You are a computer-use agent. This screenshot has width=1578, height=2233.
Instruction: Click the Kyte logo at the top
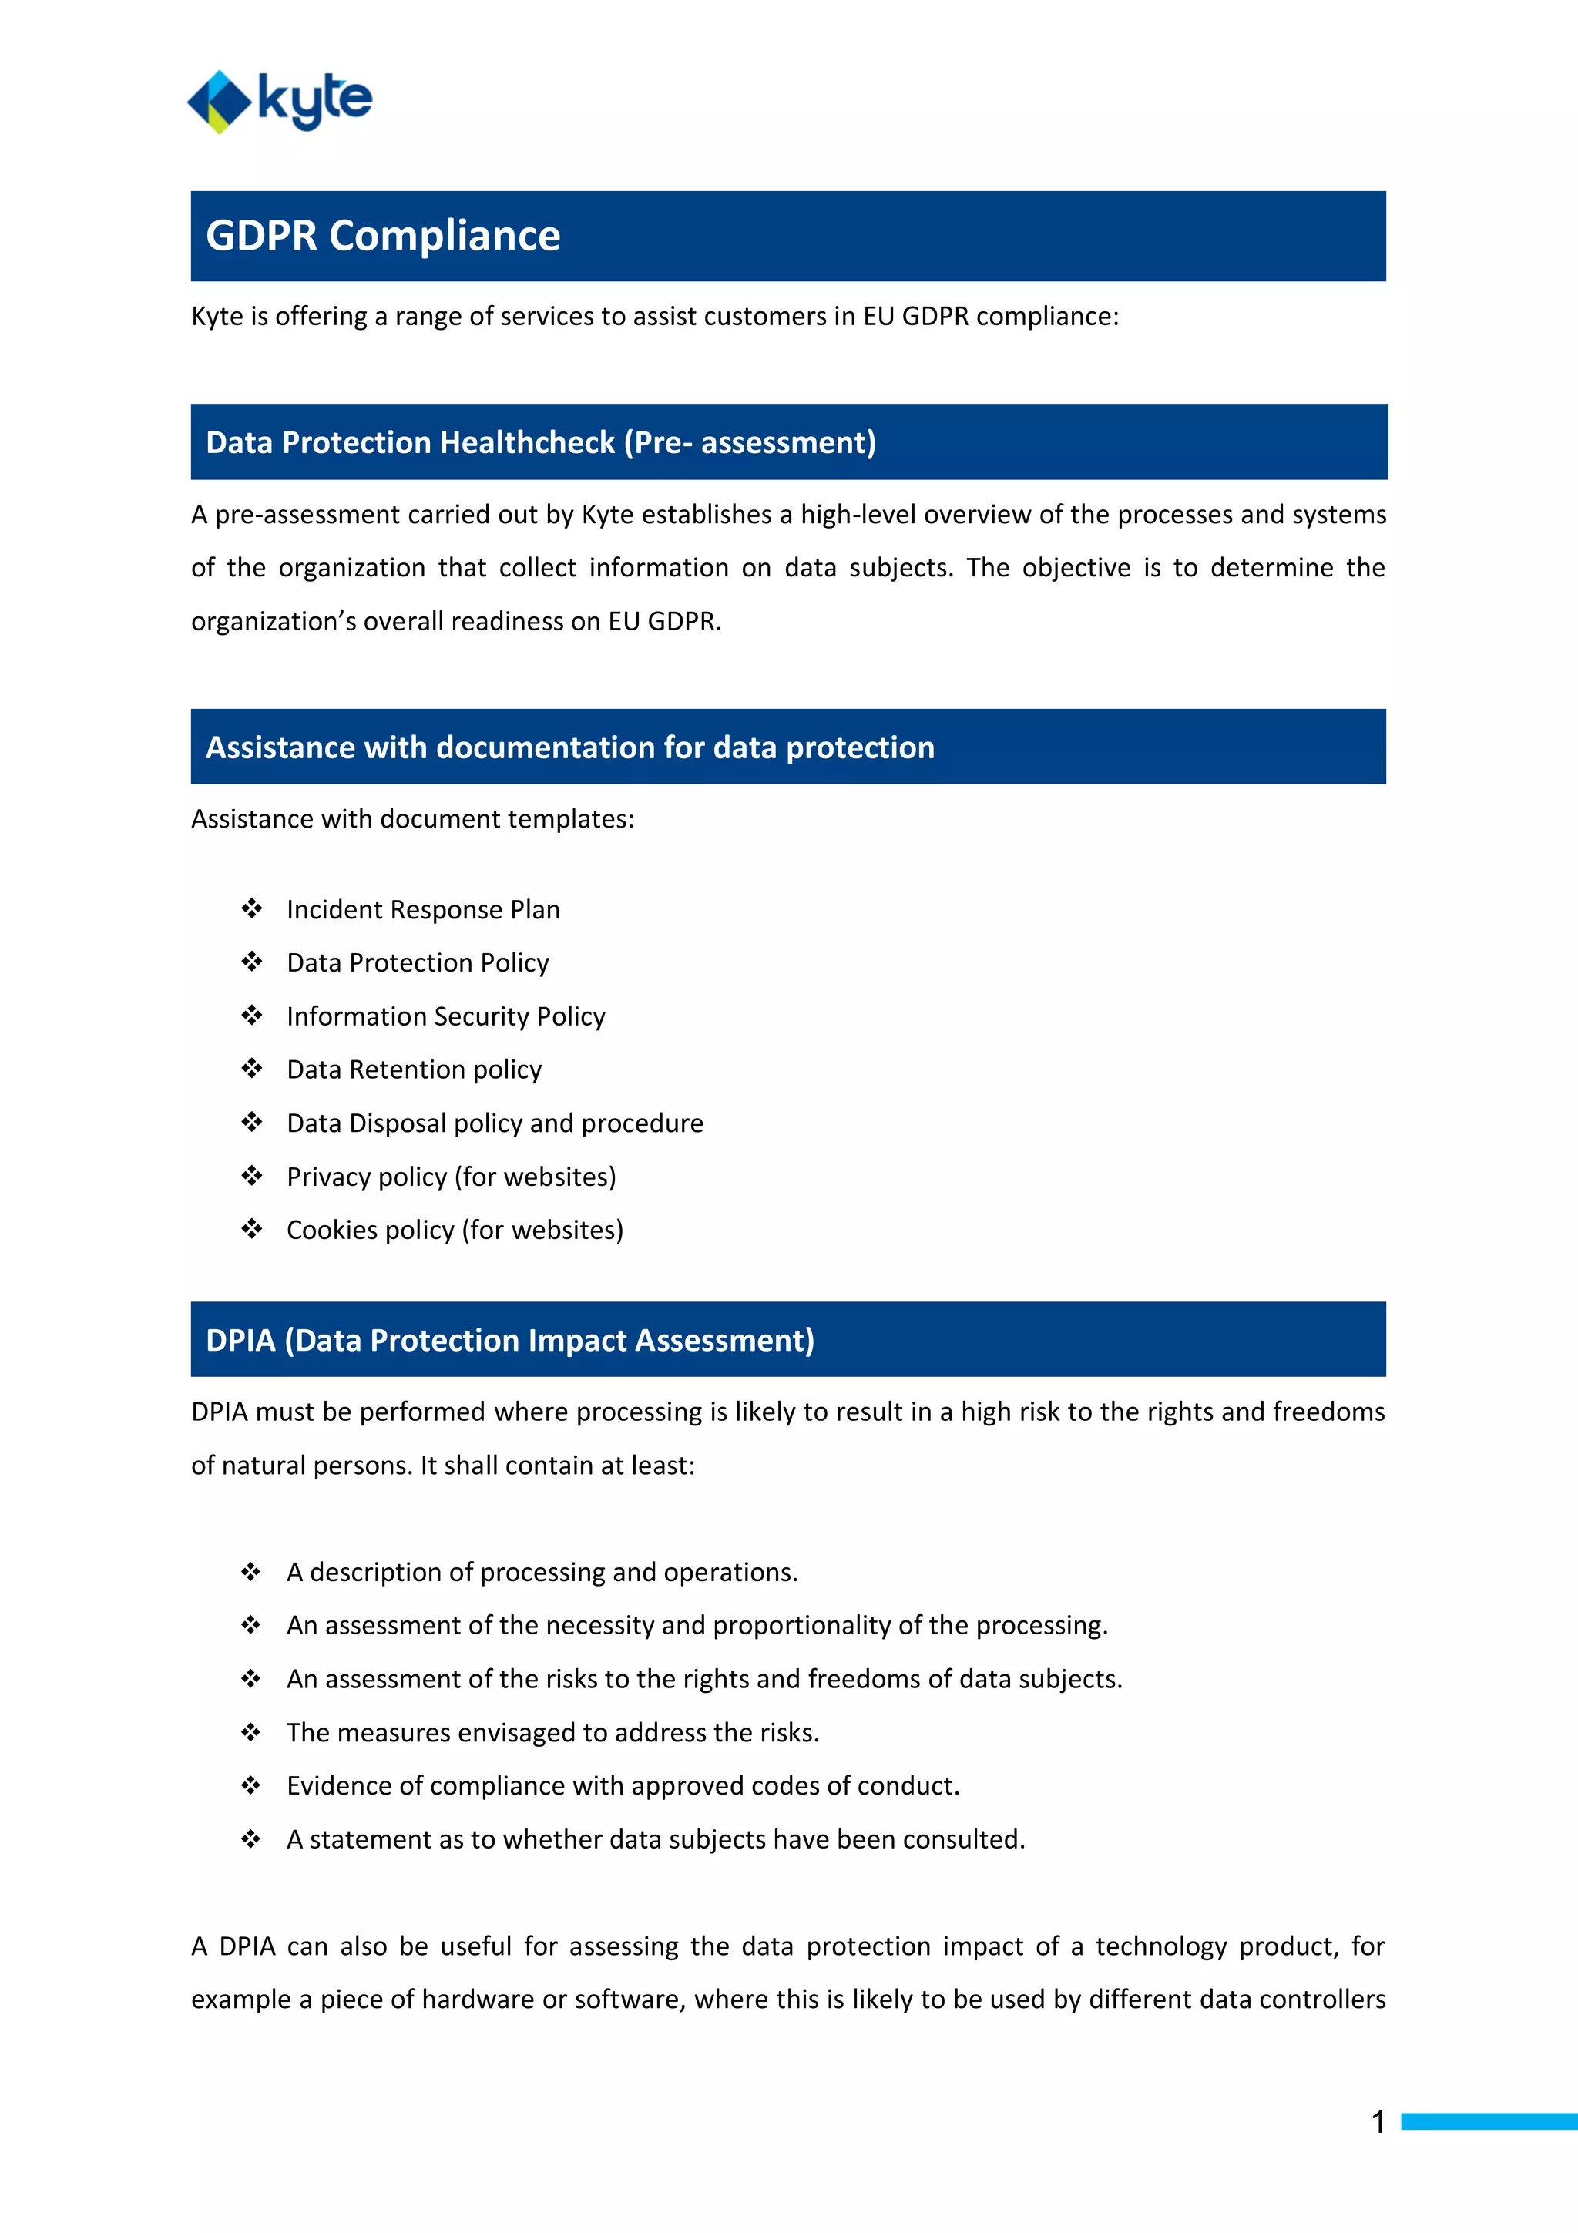tap(280, 101)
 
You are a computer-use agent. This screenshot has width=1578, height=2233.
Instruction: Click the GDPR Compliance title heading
tap(383, 237)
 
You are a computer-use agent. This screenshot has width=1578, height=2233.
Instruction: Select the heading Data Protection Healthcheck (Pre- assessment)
tap(541, 442)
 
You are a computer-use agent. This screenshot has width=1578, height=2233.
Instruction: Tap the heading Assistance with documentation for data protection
tap(569, 747)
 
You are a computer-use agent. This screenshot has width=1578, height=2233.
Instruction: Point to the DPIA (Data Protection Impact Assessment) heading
tap(509, 1340)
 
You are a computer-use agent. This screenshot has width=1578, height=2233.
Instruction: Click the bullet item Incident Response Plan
tap(423, 909)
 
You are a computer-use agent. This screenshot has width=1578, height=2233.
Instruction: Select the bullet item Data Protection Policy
tap(417, 963)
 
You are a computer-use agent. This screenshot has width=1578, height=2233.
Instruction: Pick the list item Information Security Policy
tap(445, 1016)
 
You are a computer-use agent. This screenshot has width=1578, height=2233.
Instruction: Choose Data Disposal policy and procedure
tap(494, 1123)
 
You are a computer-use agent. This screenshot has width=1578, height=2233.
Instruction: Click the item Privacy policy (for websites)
tap(452, 1177)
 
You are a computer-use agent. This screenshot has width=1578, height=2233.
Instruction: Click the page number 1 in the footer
tap(1378, 2121)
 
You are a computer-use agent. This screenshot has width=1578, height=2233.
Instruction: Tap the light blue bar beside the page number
tap(1488, 2121)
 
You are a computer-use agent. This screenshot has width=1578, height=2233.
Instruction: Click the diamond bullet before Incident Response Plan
tap(252, 908)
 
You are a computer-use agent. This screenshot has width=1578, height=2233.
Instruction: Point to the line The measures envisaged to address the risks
tap(552, 1733)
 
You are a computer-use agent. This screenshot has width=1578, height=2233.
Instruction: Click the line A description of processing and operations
tap(542, 1573)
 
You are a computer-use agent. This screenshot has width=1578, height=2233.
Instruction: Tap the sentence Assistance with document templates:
tap(412, 819)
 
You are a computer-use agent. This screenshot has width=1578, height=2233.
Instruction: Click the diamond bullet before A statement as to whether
tap(251, 1839)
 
